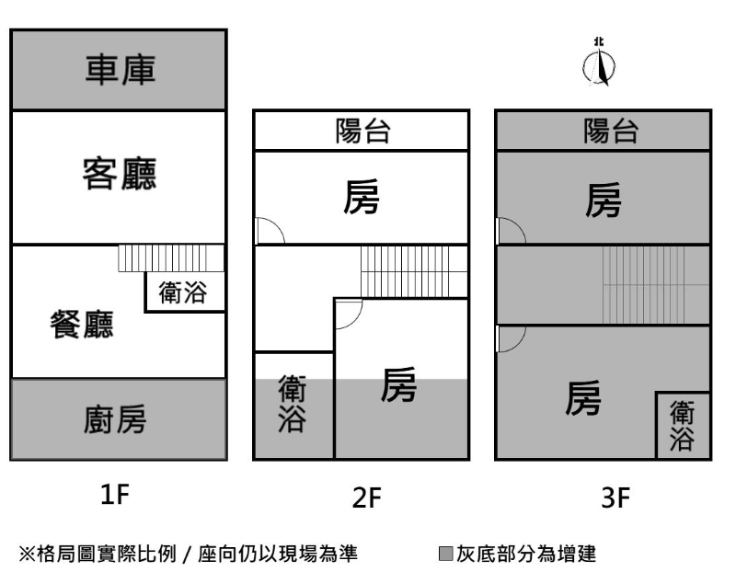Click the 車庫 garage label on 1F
(119, 70)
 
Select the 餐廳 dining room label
(82, 324)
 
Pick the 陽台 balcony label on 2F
(362, 132)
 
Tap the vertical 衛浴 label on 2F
(293, 405)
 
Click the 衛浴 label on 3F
(683, 425)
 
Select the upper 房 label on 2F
(362, 198)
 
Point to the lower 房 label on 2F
(399, 385)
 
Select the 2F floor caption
(366, 498)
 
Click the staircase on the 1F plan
(171, 258)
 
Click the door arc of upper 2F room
(268, 231)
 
